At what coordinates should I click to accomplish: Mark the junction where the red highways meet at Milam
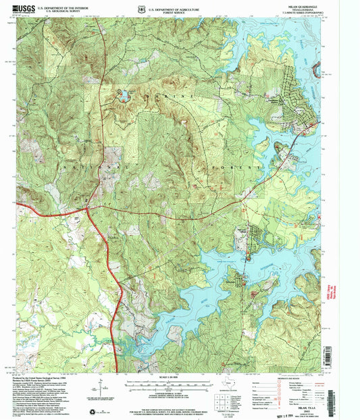coord(88,209)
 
